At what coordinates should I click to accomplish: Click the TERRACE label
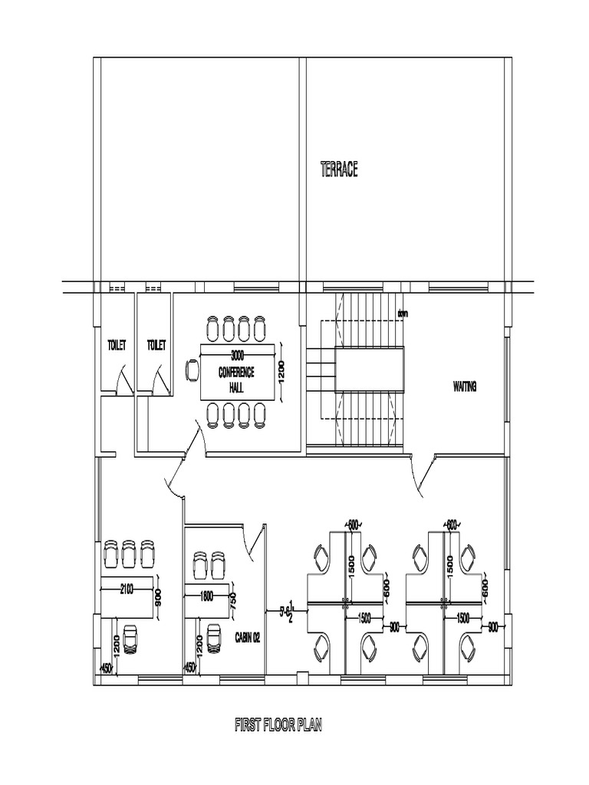coord(338,169)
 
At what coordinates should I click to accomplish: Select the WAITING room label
coord(465,387)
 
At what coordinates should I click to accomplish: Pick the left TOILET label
coord(116,346)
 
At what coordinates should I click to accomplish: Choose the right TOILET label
coord(156,346)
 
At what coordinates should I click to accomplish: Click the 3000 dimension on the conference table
coord(237,355)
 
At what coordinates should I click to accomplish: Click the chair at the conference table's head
coord(191,370)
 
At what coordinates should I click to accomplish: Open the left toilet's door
coord(117,380)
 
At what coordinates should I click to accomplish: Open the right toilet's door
coord(157,380)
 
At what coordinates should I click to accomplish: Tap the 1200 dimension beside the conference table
coord(282,371)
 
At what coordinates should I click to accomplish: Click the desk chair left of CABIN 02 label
coord(213,639)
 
